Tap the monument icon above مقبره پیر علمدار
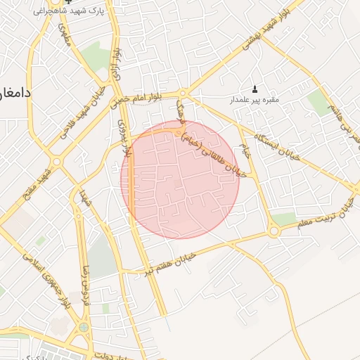point(255,89)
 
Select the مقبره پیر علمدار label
point(255,99)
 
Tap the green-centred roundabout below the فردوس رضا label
point(84,327)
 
